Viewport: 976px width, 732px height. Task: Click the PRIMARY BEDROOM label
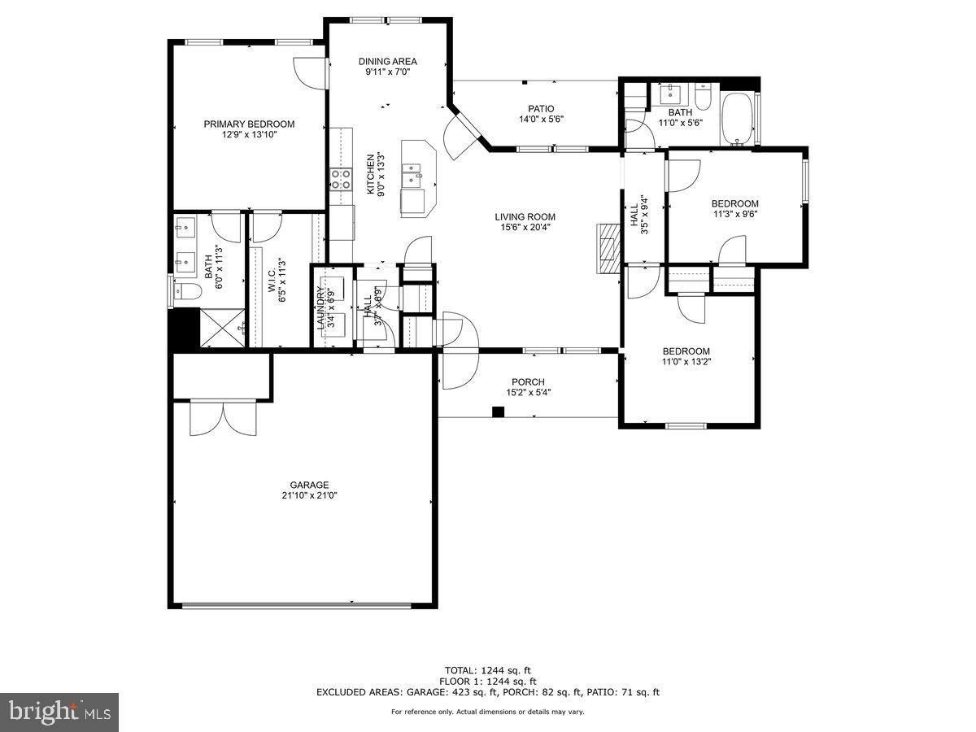[x=249, y=124]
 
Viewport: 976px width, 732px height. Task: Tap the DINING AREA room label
[x=388, y=61]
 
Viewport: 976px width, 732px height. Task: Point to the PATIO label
[x=541, y=108]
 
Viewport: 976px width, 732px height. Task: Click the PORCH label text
[x=528, y=382]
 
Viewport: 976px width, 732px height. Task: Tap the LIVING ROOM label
[x=525, y=216]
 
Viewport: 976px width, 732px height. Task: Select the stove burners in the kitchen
[x=340, y=179]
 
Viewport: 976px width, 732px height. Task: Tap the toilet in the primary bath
[x=186, y=290]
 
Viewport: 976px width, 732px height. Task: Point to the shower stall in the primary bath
[x=222, y=328]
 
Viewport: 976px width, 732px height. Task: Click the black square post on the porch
[x=498, y=412]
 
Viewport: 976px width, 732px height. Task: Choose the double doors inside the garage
[x=223, y=417]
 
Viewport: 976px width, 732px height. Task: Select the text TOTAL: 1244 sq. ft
[x=487, y=671]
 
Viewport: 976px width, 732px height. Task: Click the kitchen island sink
[x=413, y=172]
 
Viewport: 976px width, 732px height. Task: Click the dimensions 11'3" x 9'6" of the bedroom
[x=734, y=214]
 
